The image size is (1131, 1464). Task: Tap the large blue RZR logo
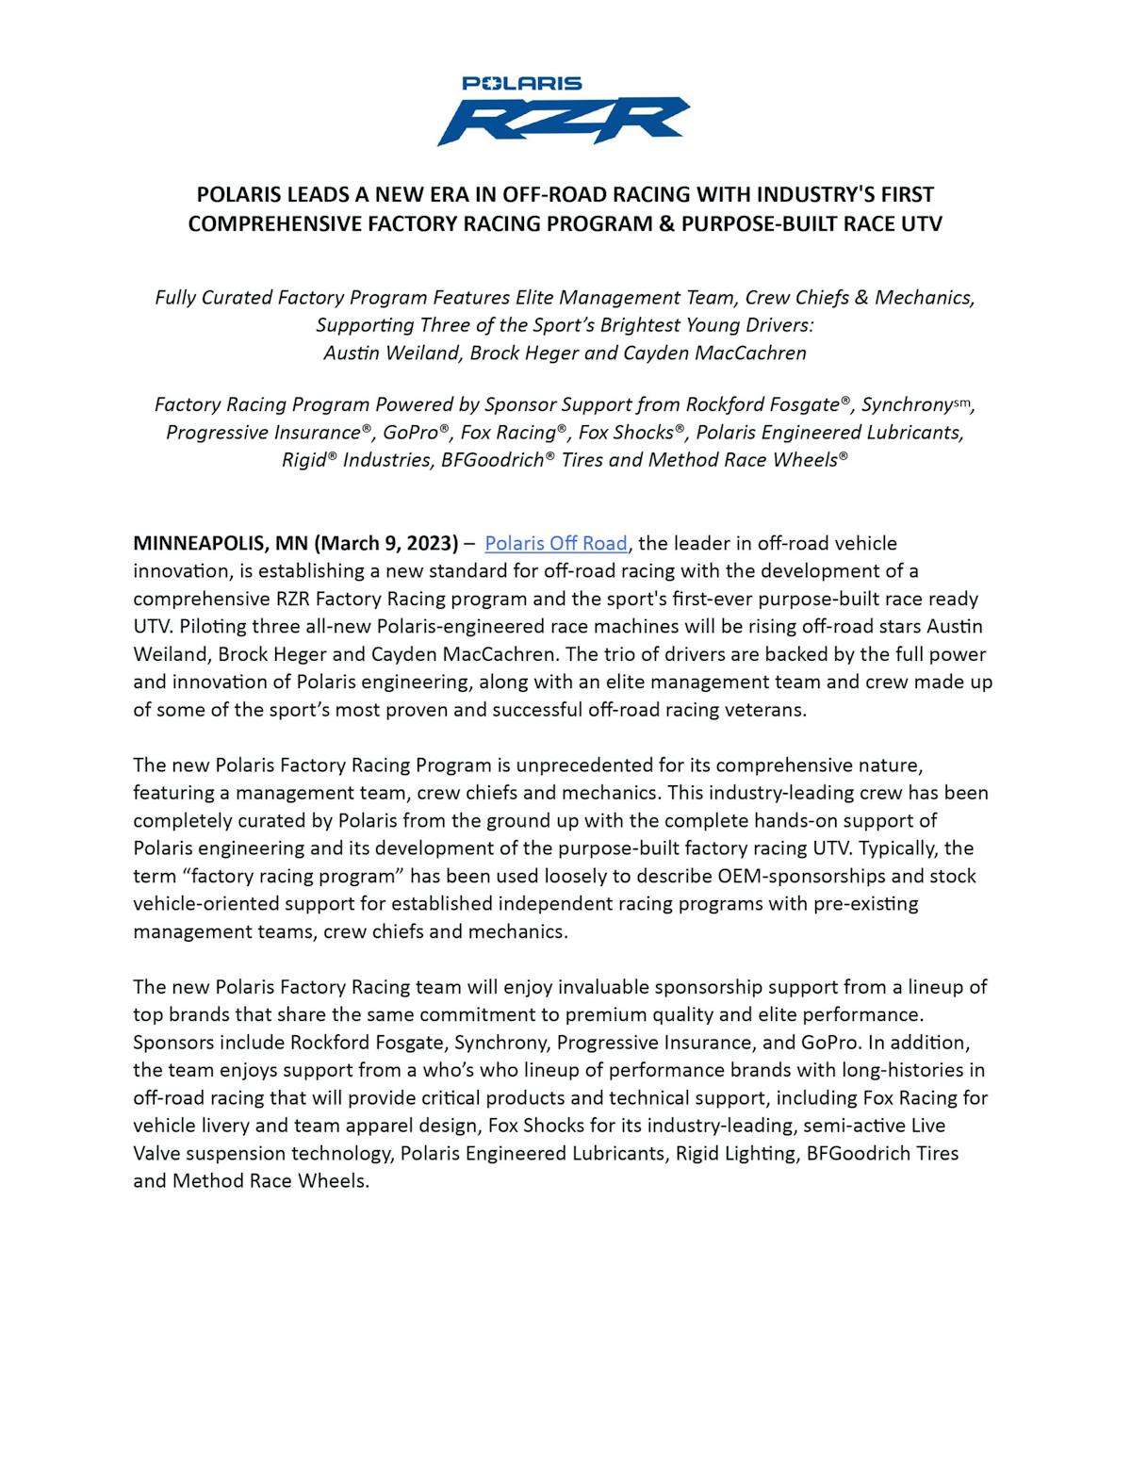click(x=563, y=120)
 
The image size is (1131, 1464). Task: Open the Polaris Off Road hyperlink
click(x=555, y=543)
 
